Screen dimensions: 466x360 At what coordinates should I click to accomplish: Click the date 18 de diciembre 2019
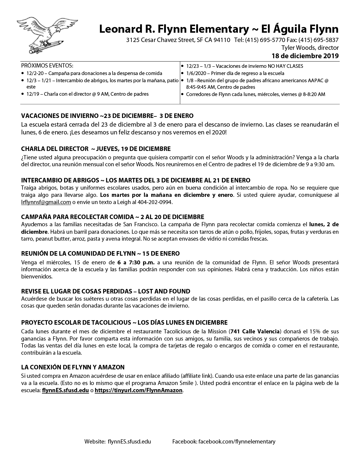pyautogui.click(x=305, y=56)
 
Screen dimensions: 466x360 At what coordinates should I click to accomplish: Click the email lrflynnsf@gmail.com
pyautogui.click(x=46, y=202)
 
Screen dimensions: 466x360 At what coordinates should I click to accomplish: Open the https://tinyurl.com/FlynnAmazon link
pyautogui.click(x=139, y=390)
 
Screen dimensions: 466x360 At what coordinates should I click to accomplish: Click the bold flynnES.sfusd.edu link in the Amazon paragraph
pyautogui.click(x=65, y=390)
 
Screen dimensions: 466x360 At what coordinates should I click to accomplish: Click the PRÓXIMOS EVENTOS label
pyautogui.click(x=47, y=66)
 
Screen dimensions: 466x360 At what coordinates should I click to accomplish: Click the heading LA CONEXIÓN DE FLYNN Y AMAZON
pyautogui.click(x=73, y=367)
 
